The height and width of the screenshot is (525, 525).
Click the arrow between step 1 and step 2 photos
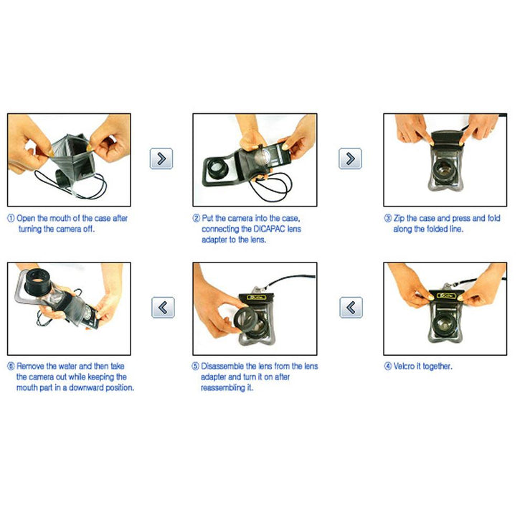[161, 159]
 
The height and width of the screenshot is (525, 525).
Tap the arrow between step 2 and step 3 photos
[350, 159]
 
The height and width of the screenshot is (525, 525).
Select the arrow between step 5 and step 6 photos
[163, 307]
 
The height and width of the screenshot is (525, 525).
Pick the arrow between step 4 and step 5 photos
[351, 307]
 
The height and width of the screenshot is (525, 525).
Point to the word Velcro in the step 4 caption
[404, 366]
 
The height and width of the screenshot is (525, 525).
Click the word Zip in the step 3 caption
[399, 219]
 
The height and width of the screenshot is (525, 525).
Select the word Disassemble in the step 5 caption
[222, 366]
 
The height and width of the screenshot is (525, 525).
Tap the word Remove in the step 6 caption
[30, 366]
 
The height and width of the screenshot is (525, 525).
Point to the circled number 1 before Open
[11, 218]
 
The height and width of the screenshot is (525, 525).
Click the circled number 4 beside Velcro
[388, 366]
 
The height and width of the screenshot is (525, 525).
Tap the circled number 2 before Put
[197, 218]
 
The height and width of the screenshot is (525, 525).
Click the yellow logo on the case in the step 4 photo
[447, 296]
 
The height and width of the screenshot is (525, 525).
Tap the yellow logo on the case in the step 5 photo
[257, 298]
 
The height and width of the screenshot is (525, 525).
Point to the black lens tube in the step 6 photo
[38, 282]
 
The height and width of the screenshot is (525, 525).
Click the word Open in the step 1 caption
[26, 219]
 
